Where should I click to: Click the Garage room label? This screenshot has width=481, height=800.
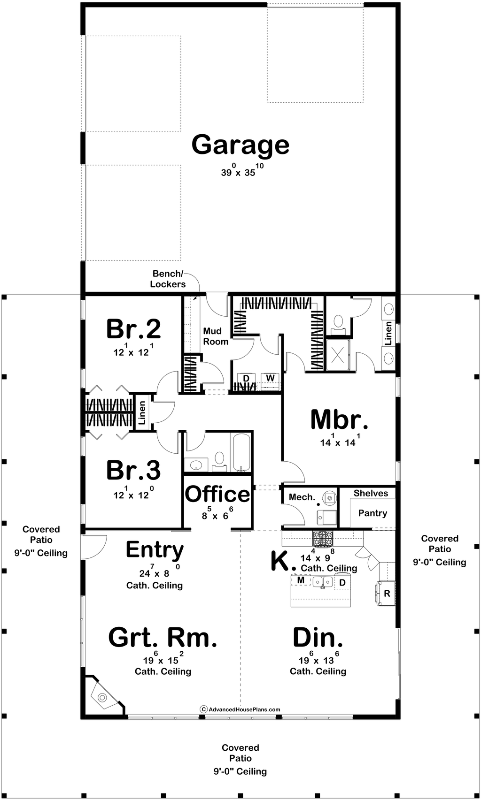pyautogui.click(x=240, y=145)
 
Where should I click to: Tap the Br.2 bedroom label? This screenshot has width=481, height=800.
pyautogui.click(x=133, y=329)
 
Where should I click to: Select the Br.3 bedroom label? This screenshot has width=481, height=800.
pyautogui.click(x=133, y=470)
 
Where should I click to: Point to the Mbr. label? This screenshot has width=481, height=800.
pyautogui.click(x=339, y=419)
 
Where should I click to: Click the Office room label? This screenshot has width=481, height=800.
pyautogui.click(x=217, y=494)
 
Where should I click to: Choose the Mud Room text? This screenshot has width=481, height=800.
pyautogui.click(x=216, y=336)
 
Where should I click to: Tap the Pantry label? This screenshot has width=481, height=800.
pyautogui.click(x=372, y=513)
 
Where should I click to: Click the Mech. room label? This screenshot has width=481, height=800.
pyautogui.click(x=302, y=497)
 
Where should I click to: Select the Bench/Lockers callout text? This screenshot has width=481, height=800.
pyautogui.click(x=168, y=279)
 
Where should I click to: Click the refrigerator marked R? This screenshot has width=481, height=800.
pyautogui.click(x=386, y=593)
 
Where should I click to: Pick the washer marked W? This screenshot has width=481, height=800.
pyautogui.click(x=270, y=378)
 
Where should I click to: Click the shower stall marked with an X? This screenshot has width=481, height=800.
pyautogui.click(x=338, y=354)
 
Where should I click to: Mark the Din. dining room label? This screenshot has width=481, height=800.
pyautogui.click(x=318, y=638)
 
